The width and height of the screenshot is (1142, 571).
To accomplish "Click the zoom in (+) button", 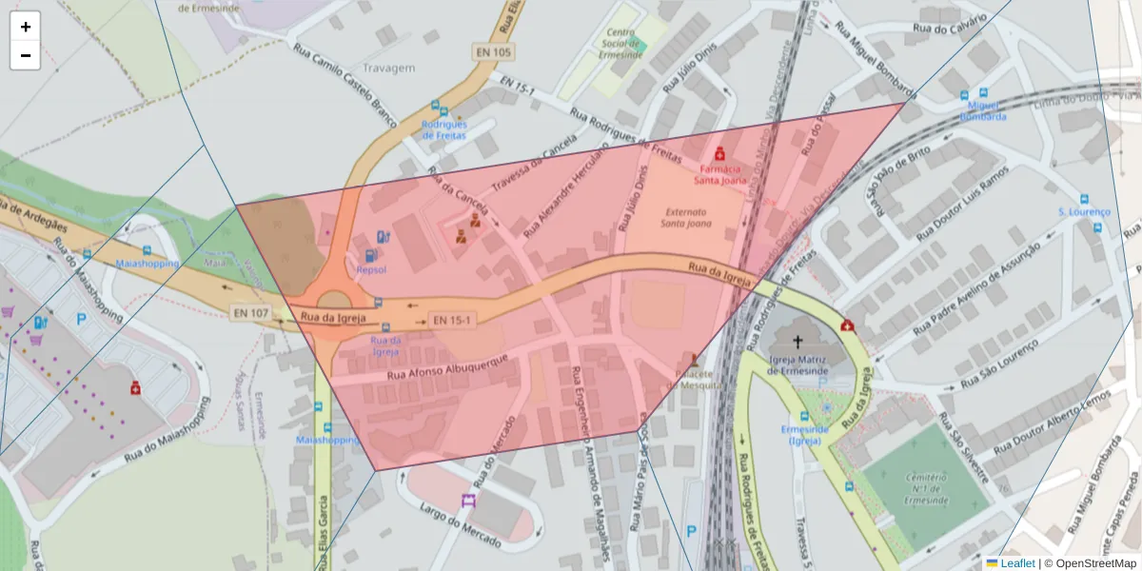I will point(26,28).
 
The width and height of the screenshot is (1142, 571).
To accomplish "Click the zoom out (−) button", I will point(26,55).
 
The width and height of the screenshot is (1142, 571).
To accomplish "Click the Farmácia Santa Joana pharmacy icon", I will point(719,153).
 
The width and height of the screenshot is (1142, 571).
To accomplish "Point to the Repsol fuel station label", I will point(370,270).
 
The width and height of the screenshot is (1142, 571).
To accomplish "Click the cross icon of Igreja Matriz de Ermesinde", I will point(797,339).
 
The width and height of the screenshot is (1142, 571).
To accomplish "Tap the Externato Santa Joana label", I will point(686,218).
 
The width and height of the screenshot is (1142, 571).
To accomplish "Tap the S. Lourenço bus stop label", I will point(1084,211).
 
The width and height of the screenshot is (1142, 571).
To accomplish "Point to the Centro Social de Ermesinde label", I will point(620,43).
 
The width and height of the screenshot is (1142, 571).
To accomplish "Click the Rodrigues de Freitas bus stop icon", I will point(436,107).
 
